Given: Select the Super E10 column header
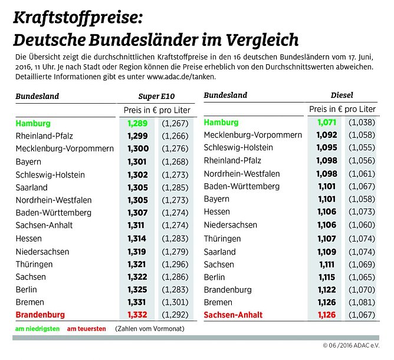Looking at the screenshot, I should [156, 96].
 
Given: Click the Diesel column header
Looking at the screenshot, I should [342, 95].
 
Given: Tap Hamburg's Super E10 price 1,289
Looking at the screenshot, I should [138, 123].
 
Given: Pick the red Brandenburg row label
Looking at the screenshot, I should [40, 315].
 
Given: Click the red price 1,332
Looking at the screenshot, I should [138, 315].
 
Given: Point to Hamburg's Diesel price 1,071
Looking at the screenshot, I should [325, 123].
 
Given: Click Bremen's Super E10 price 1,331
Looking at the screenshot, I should [138, 302].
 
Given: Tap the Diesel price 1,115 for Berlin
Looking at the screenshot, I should [325, 276].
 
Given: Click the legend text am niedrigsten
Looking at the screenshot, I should [37, 328].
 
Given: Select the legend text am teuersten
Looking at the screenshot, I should [87, 328].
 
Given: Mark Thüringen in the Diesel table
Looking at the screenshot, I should [222, 239].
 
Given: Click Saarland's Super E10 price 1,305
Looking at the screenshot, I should [138, 187].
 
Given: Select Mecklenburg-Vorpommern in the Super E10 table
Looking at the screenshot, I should [64, 148].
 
